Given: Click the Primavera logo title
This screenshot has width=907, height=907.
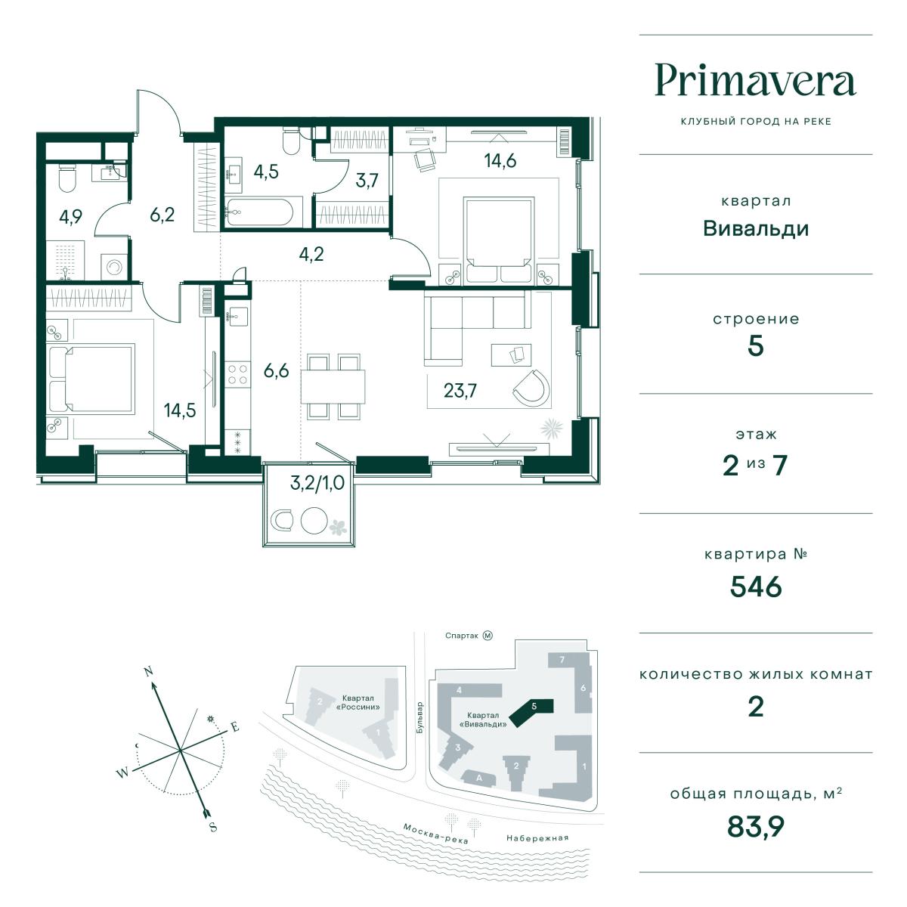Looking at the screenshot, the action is coord(755,82).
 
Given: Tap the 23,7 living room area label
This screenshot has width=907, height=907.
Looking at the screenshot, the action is coord(460,390).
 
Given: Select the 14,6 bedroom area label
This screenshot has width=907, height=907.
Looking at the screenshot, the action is coord(500,161).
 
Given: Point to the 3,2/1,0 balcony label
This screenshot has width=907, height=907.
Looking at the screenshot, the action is coord(317,483).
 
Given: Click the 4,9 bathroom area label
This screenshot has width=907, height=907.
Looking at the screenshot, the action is coord(70,216).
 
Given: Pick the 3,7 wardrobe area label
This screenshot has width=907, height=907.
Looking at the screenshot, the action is coord(367,181).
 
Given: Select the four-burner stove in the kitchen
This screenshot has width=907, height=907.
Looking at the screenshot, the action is coord(237,374).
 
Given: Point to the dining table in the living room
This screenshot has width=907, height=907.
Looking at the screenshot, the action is coord(333,386).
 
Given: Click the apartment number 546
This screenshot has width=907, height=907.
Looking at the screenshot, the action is coord(755,587).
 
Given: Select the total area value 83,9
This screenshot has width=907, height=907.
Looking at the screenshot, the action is coord(755,827).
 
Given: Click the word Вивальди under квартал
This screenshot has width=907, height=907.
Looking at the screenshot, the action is coord(755,229).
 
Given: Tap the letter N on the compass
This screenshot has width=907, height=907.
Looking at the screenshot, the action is coord(149,672).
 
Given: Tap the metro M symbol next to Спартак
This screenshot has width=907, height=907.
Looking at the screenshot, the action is coord(488,636).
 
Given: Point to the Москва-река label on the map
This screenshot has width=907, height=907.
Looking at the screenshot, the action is coord(435,833).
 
